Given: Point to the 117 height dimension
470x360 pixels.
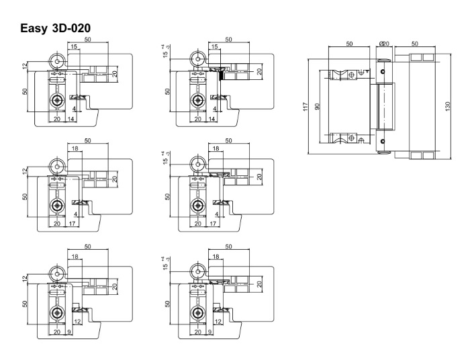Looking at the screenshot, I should (306, 105).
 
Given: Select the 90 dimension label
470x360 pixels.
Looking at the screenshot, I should (318, 105).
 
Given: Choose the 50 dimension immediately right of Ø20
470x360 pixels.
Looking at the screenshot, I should (415, 44).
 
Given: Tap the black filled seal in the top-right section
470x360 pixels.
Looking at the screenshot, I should (221, 75).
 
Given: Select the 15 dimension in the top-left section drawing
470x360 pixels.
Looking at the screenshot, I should (73, 46).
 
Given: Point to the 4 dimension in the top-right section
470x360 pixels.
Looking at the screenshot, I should (214, 108).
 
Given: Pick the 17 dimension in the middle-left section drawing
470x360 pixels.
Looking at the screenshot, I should (73, 223).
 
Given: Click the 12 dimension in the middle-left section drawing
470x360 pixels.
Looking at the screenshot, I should (24, 171).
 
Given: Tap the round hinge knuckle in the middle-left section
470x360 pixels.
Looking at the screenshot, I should (57, 165).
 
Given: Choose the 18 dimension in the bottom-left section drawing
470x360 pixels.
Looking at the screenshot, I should (74, 256).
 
